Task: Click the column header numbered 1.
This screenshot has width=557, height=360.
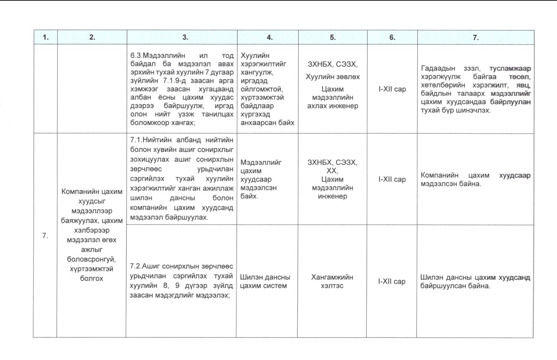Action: (x=46, y=37)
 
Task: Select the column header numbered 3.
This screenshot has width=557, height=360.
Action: (x=185, y=37)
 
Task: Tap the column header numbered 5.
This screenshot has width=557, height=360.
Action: (x=333, y=37)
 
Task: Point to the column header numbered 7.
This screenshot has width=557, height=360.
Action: (x=476, y=37)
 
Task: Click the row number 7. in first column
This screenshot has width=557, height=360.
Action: (x=45, y=236)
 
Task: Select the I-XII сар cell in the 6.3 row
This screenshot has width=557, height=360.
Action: (x=392, y=89)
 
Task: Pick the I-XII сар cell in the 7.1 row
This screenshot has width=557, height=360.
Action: (x=392, y=179)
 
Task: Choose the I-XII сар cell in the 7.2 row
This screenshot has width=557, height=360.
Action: (x=392, y=281)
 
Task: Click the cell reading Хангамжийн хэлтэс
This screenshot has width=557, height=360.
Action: (x=332, y=281)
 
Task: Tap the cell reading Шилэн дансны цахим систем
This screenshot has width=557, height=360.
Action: (x=265, y=281)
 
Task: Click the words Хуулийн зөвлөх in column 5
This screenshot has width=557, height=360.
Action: (x=333, y=77)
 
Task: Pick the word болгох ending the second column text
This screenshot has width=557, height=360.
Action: (x=91, y=278)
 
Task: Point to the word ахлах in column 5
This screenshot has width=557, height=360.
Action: (x=316, y=106)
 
